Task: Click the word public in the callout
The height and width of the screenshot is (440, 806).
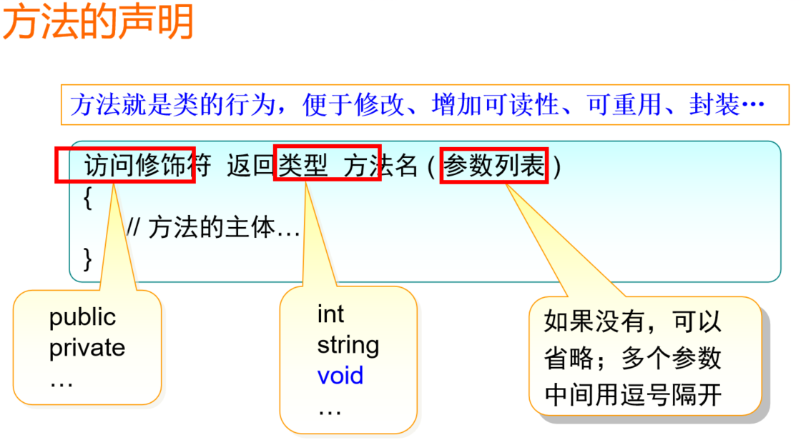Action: pos(82,317)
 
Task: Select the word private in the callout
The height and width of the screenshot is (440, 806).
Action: pos(87,348)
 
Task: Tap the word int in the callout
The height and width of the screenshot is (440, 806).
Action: pos(330,314)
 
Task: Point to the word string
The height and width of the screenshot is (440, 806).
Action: pos(348,345)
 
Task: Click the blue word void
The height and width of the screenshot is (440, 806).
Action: pos(340,376)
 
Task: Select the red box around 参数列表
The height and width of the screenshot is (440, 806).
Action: pos(493,166)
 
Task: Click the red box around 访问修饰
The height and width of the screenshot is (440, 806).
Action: pos(125,166)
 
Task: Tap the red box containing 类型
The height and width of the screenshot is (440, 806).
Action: pos(327,166)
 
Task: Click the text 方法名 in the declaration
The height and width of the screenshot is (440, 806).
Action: pos(380,166)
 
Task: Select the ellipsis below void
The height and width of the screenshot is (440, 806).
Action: pos(330,410)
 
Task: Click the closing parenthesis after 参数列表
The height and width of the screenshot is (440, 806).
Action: pos(558,167)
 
